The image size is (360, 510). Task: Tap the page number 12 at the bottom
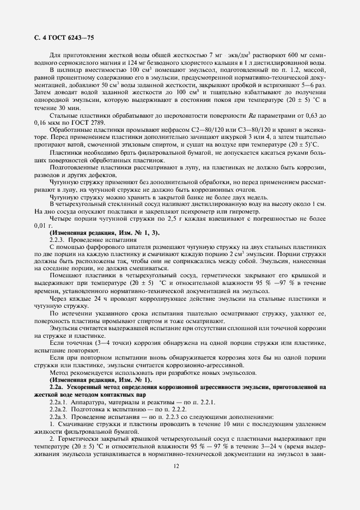tap(176, 465)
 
